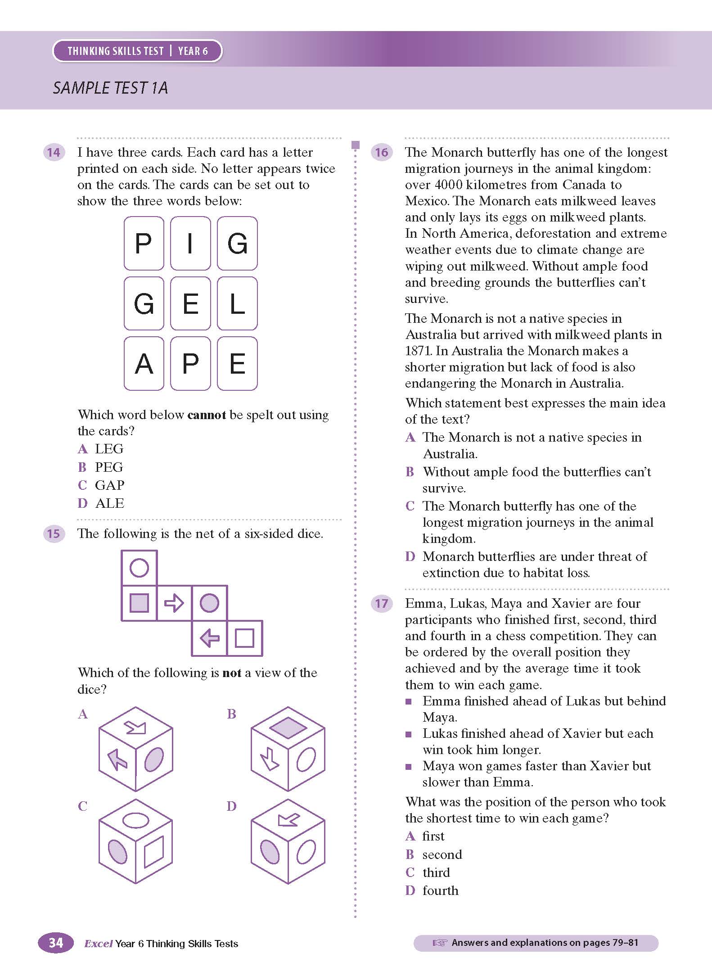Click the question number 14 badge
(54, 152)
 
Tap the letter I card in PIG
(190, 243)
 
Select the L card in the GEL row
(237, 303)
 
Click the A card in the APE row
(144, 364)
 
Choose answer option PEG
(108, 467)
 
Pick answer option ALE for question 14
(109, 503)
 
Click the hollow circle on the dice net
(139, 568)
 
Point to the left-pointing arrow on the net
(209, 638)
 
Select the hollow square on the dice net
(245, 638)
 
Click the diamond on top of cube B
(288, 727)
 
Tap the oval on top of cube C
(135, 820)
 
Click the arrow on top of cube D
(288, 819)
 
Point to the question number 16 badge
(381, 152)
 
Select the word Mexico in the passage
(426, 201)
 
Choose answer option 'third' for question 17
(436, 872)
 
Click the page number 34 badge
(56, 943)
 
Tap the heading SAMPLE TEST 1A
(110, 88)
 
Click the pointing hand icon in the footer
(440, 943)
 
